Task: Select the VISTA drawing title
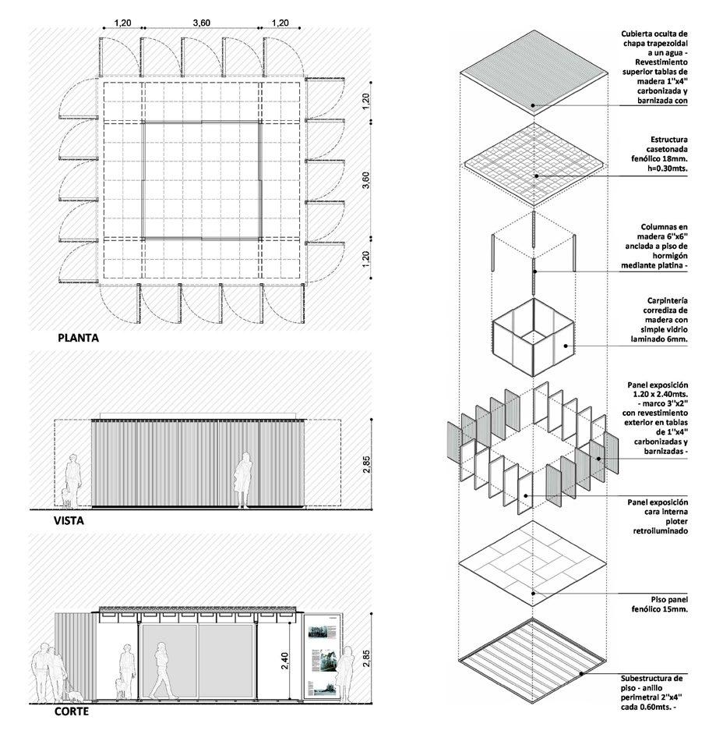point(69,520)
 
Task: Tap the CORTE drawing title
point(71,711)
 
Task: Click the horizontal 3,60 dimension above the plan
point(201,23)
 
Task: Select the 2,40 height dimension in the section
point(286,658)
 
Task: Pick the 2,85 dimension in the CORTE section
point(367,658)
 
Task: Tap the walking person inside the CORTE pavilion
point(162,671)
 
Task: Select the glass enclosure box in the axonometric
point(533,336)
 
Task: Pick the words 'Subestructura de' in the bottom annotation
point(654,679)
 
